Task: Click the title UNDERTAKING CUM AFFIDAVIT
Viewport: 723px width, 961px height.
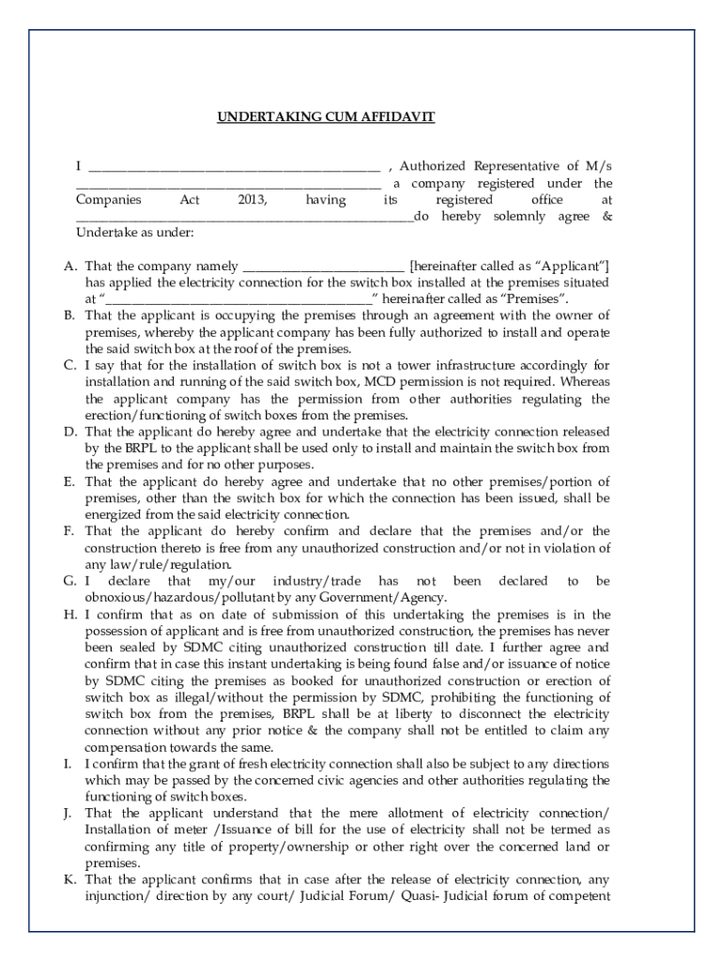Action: point(326,117)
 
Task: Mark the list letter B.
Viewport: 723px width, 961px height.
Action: point(69,314)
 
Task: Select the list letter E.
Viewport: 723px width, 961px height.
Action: point(69,481)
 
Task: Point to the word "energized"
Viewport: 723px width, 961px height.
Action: point(114,514)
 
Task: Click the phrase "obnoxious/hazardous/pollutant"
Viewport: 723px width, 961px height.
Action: point(177,598)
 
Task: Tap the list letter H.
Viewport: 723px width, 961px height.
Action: point(69,615)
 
